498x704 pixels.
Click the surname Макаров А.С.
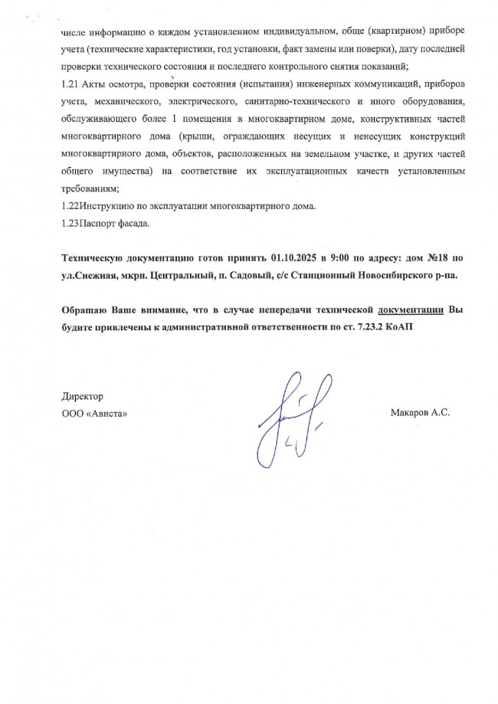tap(419, 412)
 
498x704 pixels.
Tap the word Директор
tap(82, 396)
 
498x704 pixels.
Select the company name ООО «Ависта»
tap(94, 413)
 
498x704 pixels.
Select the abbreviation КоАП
tap(400, 326)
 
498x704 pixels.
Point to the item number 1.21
tap(70, 83)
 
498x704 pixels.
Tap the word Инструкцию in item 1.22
tap(104, 206)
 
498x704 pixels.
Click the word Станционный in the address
tap(301, 273)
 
